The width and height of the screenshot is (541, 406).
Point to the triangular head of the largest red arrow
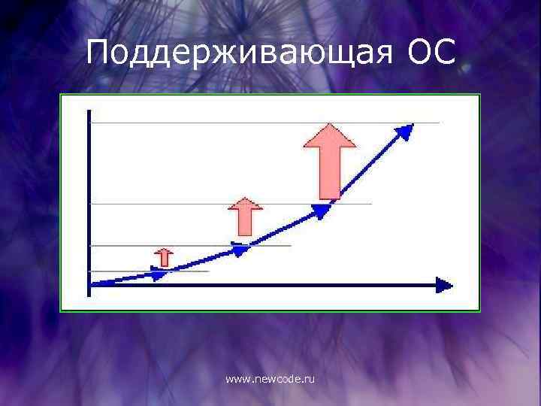pos(329,136)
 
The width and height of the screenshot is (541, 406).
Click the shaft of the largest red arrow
pos(329,171)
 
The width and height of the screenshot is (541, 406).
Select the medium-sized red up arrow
pos(244,217)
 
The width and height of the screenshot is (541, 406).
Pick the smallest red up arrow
pos(164,257)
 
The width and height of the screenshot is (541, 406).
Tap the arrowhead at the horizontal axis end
pos(444,284)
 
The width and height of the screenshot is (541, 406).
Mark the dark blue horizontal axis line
pos(263,284)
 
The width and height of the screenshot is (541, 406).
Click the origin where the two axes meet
pos(89,284)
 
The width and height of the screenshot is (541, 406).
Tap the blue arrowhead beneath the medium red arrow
pos(240,249)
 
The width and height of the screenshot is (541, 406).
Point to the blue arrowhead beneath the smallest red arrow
pos(159,274)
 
